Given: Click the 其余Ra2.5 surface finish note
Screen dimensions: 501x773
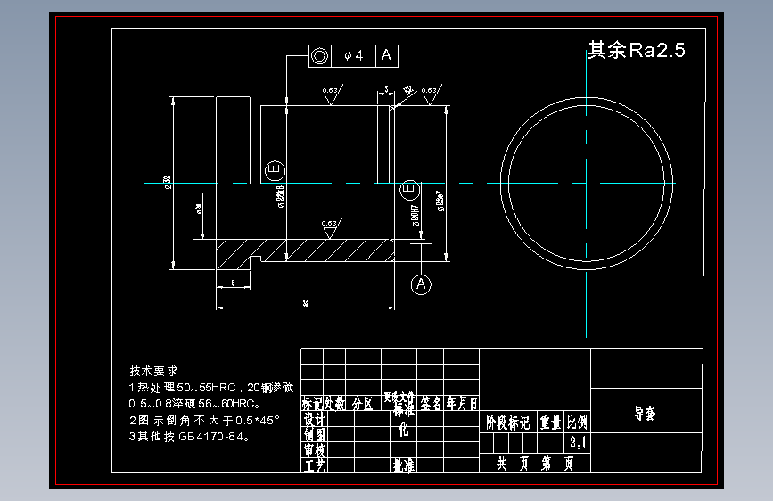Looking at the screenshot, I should (x=636, y=51).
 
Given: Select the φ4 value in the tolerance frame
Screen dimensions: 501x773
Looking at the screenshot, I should (x=354, y=55).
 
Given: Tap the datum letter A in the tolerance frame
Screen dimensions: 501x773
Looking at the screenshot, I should (x=386, y=55).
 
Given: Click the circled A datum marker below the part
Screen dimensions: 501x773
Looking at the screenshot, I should (x=421, y=283).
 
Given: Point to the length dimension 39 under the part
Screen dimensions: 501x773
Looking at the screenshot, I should (x=306, y=304).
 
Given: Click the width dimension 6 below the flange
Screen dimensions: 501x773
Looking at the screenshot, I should (x=234, y=282).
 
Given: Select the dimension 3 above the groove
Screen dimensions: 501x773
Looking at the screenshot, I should (x=386, y=90).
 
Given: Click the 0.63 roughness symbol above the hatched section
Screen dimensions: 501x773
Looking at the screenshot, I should (x=330, y=226).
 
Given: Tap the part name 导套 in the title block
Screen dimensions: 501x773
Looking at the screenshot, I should (x=644, y=414).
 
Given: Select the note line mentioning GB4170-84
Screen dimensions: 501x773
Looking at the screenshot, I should (x=189, y=437).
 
